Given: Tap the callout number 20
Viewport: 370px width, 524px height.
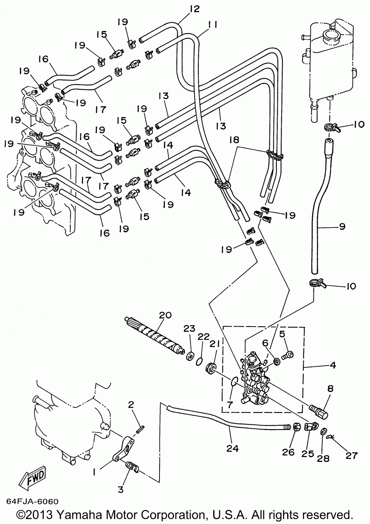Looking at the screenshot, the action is tap(165, 315).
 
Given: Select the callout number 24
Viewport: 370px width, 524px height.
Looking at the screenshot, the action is tap(233, 448).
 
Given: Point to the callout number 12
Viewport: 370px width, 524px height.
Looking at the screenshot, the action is tap(195, 9).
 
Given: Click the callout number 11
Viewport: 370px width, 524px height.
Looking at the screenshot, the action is tap(212, 24).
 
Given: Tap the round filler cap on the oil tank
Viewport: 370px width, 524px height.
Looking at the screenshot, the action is tap(331, 36).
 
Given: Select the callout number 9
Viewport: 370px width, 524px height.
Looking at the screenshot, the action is tap(342, 226).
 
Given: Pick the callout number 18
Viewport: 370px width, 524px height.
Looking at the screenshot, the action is tap(235, 140).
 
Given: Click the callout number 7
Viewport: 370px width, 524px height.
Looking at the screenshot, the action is tap(230, 404).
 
